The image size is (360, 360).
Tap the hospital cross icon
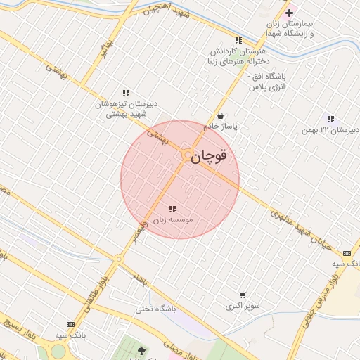289,13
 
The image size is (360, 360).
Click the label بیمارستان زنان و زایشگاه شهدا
290,29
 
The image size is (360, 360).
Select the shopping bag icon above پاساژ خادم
221,115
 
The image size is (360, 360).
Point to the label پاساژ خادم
221,127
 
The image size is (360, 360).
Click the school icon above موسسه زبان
172,209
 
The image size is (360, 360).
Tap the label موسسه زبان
172,220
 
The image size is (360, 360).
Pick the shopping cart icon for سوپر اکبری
243,295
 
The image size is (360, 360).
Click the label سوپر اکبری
243,307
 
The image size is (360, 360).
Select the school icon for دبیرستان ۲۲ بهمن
331,119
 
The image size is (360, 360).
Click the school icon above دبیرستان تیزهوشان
126,93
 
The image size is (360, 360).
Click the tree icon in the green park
141,351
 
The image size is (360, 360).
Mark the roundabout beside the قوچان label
187,155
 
